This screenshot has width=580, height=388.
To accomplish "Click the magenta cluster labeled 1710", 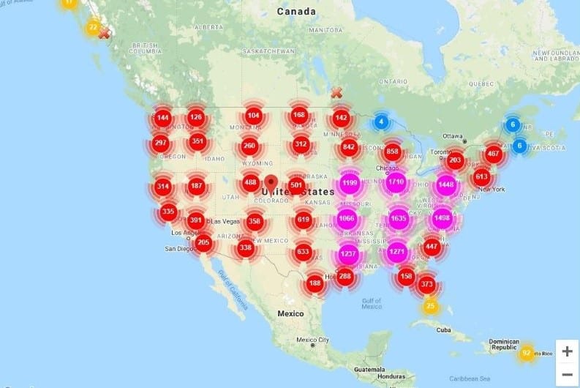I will pos(396,181).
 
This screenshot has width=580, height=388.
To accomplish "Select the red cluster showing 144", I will pos(162,118).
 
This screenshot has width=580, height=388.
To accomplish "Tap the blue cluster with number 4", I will pos(381,122).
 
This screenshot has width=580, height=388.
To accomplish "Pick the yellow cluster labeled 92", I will pos(526,354).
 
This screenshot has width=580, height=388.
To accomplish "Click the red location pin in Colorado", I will pos(271,183).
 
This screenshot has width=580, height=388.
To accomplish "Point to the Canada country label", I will pos(297,11).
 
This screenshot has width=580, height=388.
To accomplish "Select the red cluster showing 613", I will pos(481,176).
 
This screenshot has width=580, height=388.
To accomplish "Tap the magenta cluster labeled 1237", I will pos(349,254).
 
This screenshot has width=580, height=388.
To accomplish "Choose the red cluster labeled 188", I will pos(315,283).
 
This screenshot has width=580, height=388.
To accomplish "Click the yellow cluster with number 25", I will pos(431,306).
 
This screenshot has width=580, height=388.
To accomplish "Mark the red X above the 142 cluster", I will pos(336,93).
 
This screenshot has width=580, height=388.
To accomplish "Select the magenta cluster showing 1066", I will pos(347,218).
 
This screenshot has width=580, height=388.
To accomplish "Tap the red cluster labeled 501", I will pos(296,184).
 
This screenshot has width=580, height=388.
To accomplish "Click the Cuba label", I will pos(443,329).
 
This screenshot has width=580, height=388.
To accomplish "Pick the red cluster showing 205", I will pos(203,243).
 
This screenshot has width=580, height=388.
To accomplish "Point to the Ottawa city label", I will pos(453,136).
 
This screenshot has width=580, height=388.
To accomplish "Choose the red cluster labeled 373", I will pos(427,284).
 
